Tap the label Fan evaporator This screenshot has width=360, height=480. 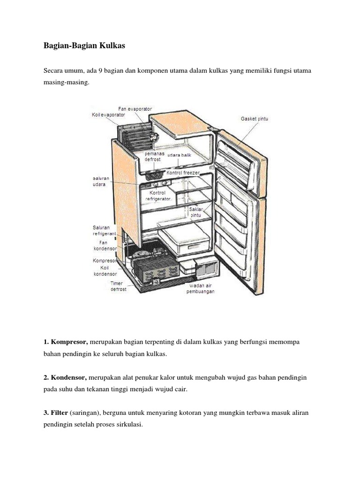[x=135, y=109]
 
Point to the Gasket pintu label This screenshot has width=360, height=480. [x=255, y=119]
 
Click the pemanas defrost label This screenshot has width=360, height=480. [x=152, y=157]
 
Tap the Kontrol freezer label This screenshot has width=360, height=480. [x=183, y=173]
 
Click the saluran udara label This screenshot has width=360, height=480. [x=98, y=181]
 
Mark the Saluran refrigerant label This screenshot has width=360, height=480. [x=104, y=230]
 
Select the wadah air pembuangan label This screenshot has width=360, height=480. [x=202, y=288]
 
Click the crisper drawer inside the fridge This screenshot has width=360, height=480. [x=184, y=240]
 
